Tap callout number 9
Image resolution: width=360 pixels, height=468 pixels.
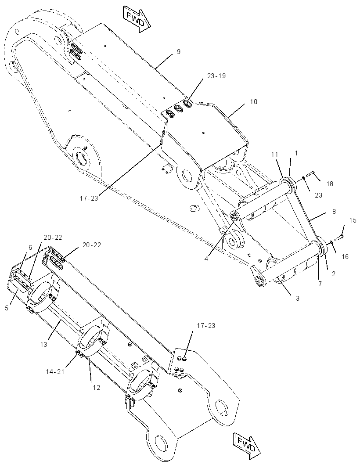click(x=179, y=52)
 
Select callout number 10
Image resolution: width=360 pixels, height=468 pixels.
click(x=253, y=102)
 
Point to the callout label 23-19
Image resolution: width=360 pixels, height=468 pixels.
click(x=216, y=76)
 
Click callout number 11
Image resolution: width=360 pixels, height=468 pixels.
click(x=275, y=154)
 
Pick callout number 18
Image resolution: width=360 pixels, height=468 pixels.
click(x=330, y=184)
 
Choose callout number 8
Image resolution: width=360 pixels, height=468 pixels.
click(x=334, y=211)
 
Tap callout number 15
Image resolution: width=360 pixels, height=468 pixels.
click(x=353, y=220)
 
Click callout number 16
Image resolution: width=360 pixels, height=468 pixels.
click(x=345, y=256)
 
